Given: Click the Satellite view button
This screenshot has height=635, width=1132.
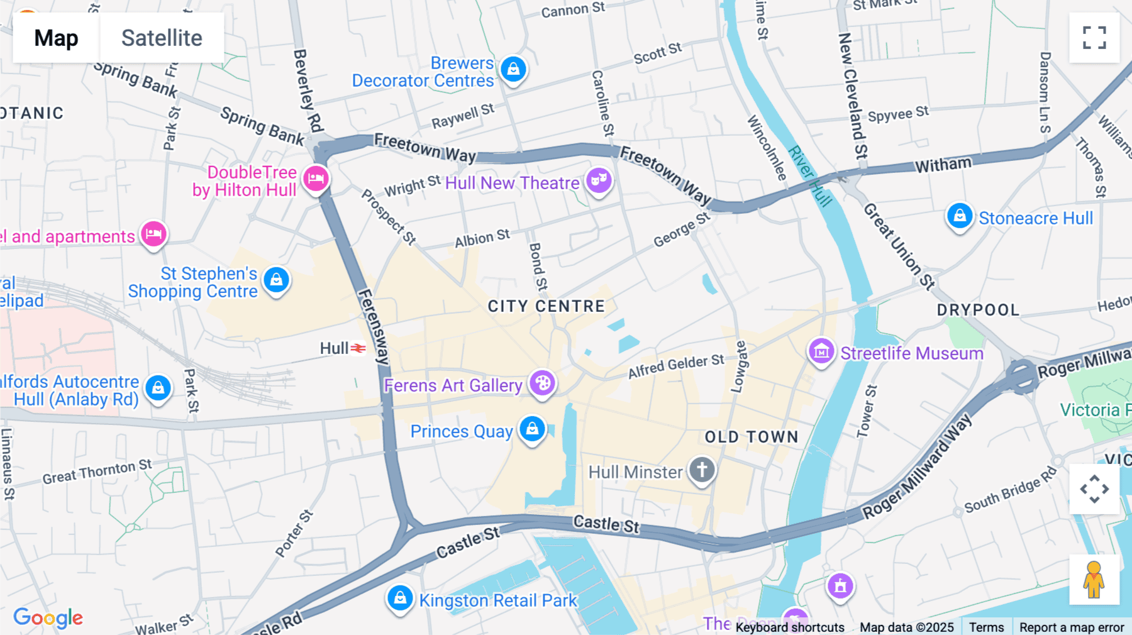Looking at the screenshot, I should pyautogui.click(x=162, y=38).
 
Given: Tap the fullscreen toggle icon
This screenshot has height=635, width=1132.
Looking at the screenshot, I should pyautogui.click(x=1094, y=38).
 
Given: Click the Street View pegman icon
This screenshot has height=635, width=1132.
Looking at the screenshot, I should pyautogui.click(x=1094, y=580).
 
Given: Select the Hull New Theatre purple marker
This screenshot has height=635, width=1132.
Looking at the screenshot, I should pyautogui.click(x=599, y=180).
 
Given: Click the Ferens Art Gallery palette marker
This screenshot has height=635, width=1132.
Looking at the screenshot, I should pyautogui.click(x=542, y=382).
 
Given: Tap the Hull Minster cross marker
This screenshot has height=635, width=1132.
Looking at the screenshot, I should pyautogui.click(x=702, y=469).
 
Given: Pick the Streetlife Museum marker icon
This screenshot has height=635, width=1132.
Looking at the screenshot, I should pyautogui.click(x=821, y=351).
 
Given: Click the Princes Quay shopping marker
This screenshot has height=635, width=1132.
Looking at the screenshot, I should pyautogui.click(x=532, y=429).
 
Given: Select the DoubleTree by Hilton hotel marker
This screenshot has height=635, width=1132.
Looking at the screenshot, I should pyautogui.click(x=316, y=179).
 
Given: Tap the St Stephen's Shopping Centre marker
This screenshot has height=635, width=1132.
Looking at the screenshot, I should pyautogui.click(x=276, y=280).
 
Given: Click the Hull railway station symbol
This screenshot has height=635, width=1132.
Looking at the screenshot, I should pyautogui.click(x=358, y=348).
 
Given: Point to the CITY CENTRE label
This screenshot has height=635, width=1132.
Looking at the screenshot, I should pyautogui.click(x=546, y=306).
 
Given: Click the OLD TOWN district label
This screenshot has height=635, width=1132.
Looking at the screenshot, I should pyautogui.click(x=751, y=437).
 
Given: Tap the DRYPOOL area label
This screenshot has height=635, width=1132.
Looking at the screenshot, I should pyautogui.click(x=977, y=310).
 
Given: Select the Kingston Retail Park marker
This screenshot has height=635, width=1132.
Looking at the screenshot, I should pyautogui.click(x=400, y=598).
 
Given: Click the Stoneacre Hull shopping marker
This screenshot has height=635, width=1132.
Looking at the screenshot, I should pyautogui.click(x=960, y=216).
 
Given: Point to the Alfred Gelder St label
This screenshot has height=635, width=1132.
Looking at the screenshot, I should pyautogui.click(x=676, y=366).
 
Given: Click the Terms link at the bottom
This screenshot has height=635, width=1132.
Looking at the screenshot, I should pyautogui.click(x=986, y=627).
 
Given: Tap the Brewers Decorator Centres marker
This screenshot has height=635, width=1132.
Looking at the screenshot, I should pyautogui.click(x=513, y=69).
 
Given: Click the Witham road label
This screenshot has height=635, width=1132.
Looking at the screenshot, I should pyautogui.click(x=943, y=165).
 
